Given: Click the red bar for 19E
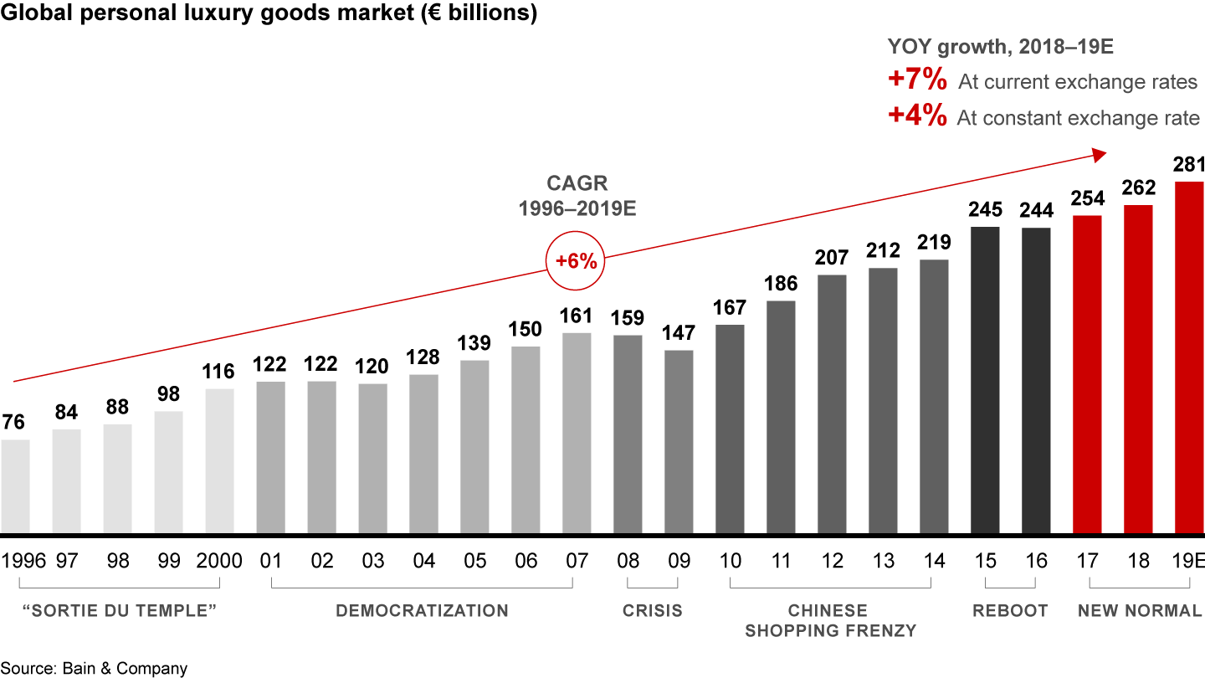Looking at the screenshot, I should click(1189, 357).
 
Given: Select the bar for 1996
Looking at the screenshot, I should click(15, 486).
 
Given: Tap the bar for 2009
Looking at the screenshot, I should click(679, 441).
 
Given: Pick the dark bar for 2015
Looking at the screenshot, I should click(985, 380).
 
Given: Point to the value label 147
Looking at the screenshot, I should click(679, 333).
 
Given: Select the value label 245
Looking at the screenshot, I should click(985, 210).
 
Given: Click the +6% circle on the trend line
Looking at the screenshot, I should click(576, 260).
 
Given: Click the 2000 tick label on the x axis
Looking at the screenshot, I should click(219, 561).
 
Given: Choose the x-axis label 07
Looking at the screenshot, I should click(577, 561).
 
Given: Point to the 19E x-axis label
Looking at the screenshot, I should click(1188, 561).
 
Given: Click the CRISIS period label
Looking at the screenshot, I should click(653, 611).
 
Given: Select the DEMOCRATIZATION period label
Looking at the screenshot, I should click(422, 611).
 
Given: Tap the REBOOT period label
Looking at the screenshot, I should click(1010, 611).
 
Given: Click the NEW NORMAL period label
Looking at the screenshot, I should click(1139, 611).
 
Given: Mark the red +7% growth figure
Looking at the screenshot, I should click(917, 81).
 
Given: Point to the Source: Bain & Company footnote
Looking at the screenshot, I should click(94, 668).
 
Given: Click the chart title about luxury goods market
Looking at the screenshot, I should click(269, 14).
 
